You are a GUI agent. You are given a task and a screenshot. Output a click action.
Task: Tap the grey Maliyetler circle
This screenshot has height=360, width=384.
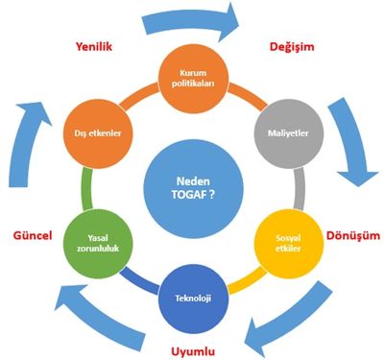coord(288,133)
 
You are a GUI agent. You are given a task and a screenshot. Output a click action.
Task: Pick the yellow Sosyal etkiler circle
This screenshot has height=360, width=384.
coord(289,243)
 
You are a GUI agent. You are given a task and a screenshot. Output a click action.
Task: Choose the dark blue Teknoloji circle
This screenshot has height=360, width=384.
coord(194,299)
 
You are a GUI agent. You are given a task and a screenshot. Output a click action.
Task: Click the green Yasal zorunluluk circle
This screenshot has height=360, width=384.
coord(98,243)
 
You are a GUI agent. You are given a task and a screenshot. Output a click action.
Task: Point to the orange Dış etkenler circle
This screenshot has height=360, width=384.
coord(98,133)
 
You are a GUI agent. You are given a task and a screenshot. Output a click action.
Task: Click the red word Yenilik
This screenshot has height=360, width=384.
coord(94,47)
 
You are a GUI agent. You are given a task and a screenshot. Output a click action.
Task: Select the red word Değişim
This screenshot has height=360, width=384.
coord(292,47)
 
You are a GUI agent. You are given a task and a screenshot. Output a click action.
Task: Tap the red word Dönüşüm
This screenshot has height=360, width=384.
coord(353,236)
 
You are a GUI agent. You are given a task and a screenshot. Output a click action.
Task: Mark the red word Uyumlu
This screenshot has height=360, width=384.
coord(193,352)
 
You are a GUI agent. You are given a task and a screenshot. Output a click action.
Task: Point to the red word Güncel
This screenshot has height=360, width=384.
coord(33,236)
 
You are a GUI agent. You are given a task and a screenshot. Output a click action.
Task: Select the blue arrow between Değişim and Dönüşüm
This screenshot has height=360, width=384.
coord(353,141)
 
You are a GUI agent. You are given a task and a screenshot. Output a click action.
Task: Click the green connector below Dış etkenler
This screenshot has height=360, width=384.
coord(86,189)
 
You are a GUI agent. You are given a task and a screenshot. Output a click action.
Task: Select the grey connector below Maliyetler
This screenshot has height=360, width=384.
coord(300,188)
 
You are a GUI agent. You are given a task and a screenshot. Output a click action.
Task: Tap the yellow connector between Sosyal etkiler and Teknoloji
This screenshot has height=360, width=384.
coord(247,280)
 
